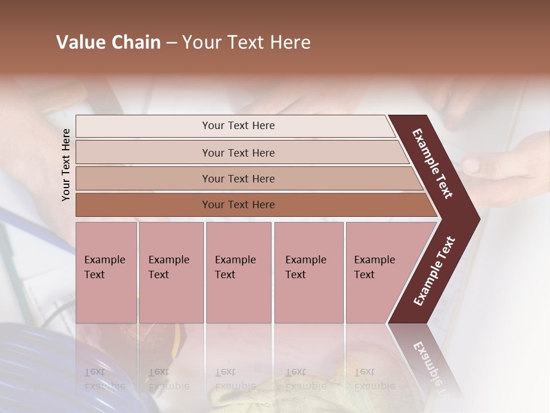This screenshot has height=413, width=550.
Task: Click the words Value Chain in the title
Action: pos(108,42)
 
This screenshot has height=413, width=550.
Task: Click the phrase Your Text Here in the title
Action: pos(246,42)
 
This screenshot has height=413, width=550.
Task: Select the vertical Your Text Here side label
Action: pos(66,165)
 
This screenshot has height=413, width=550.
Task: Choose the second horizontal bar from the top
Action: pos(238,153)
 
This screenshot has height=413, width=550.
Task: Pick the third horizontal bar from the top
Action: pos(238,178)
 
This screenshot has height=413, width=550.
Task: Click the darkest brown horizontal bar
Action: pos(238,205)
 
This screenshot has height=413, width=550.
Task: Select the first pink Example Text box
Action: pos(106,272)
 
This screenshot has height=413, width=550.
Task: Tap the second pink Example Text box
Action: pos(171,272)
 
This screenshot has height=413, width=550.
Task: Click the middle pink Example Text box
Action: pos(238,272)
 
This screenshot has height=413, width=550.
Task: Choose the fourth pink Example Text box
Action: pos(309,272)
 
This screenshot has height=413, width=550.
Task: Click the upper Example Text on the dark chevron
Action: pos(433,163)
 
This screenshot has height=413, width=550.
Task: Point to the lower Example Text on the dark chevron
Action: pos(434,271)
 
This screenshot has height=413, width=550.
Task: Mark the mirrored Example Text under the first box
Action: pos(104,379)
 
